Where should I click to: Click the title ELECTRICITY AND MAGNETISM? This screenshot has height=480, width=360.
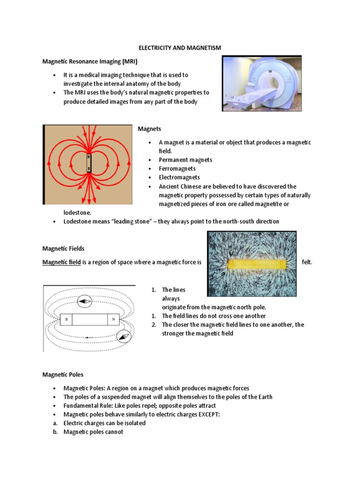pos(180,48)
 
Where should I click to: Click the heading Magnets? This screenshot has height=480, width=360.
pos(149,129)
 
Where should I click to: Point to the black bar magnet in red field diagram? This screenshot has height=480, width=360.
pos(89,163)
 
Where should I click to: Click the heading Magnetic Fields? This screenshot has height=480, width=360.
pos(63,248)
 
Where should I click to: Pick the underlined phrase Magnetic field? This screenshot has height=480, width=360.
pos(61,262)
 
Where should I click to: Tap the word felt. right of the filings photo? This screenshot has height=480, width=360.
pos(307,262)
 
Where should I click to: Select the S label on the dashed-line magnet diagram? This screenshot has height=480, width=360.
pos(67,320)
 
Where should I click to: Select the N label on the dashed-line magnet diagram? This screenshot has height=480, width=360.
pos(113,320)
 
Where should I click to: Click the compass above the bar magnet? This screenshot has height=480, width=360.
pos(85,301)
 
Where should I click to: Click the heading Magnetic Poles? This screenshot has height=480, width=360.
pos(63,375)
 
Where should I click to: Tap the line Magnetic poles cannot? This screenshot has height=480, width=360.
pos(93,432)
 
